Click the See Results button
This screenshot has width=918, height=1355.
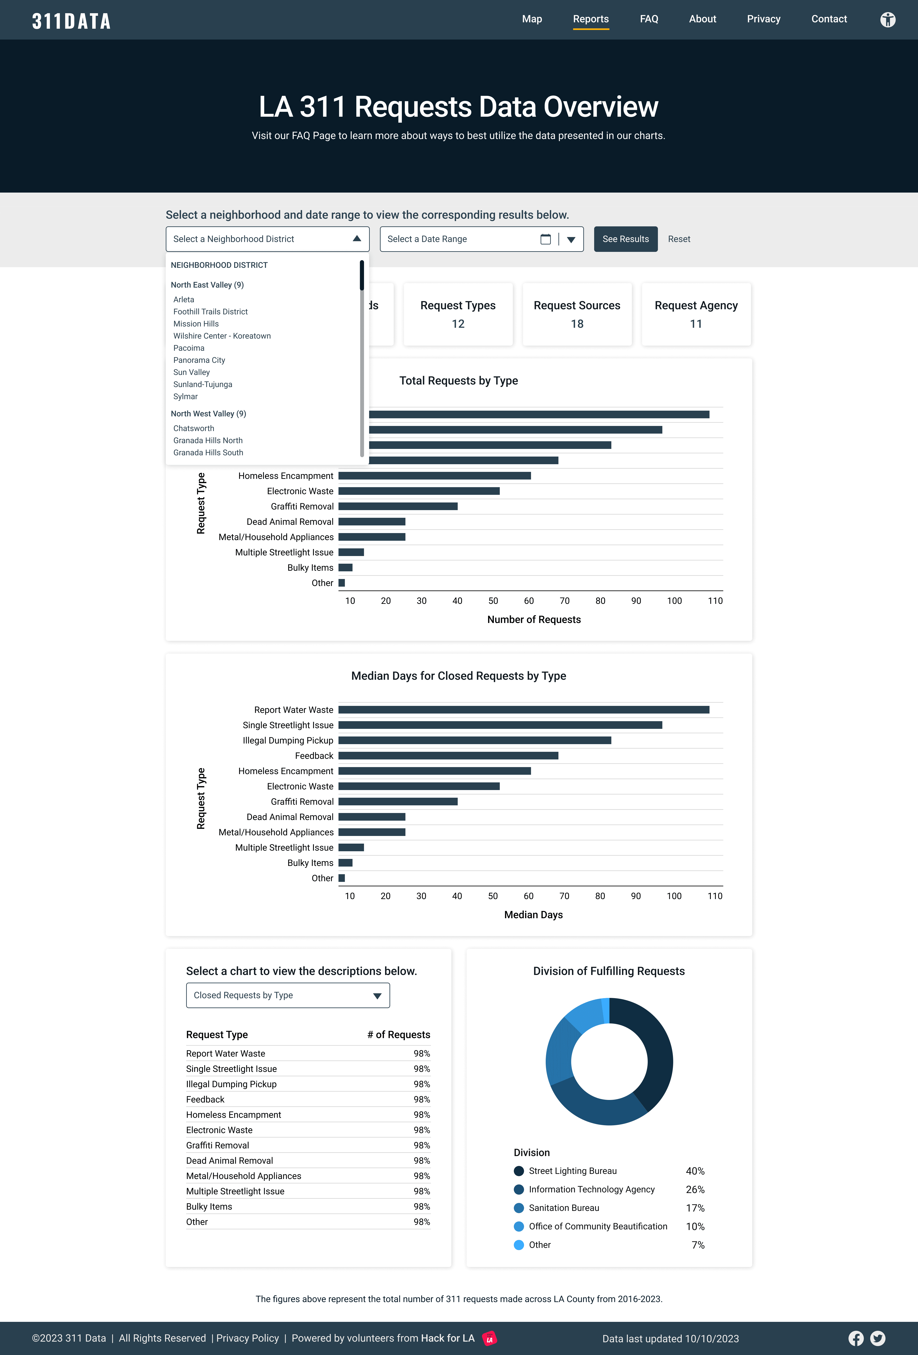pyautogui.click(x=625, y=239)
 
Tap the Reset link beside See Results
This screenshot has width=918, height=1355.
pyautogui.click(x=679, y=239)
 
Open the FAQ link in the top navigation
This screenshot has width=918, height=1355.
pyautogui.click(x=649, y=19)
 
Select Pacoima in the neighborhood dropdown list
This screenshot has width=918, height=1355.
pyautogui.click(x=189, y=348)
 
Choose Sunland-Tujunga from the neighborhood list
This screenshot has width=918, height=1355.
pyautogui.click(x=203, y=384)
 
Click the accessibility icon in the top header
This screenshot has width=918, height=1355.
pyautogui.click(x=887, y=20)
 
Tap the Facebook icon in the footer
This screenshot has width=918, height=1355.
pyautogui.click(x=856, y=1338)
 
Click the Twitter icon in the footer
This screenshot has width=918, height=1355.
pyautogui.click(x=878, y=1338)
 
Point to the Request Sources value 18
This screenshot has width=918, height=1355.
pyautogui.click(x=577, y=323)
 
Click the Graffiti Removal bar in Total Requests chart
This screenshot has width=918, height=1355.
pyautogui.click(x=398, y=506)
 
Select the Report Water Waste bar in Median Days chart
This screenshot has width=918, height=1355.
pyautogui.click(x=523, y=709)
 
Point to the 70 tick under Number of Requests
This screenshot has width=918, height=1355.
pyautogui.click(x=564, y=600)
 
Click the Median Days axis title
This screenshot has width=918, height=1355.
pyautogui.click(x=533, y=915)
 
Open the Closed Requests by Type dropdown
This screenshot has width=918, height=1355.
pyautogui.click(x=288, y=995)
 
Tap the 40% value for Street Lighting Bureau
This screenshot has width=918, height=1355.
pyautogui.click(x=695, y=1171)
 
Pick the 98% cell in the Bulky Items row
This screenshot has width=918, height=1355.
pyautogui.click(x=421, y=1206)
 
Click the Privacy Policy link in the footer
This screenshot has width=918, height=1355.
pyautogui.click(x=248, y=1338)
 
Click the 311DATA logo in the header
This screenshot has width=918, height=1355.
pyautogui.click(x=71, y=21)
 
